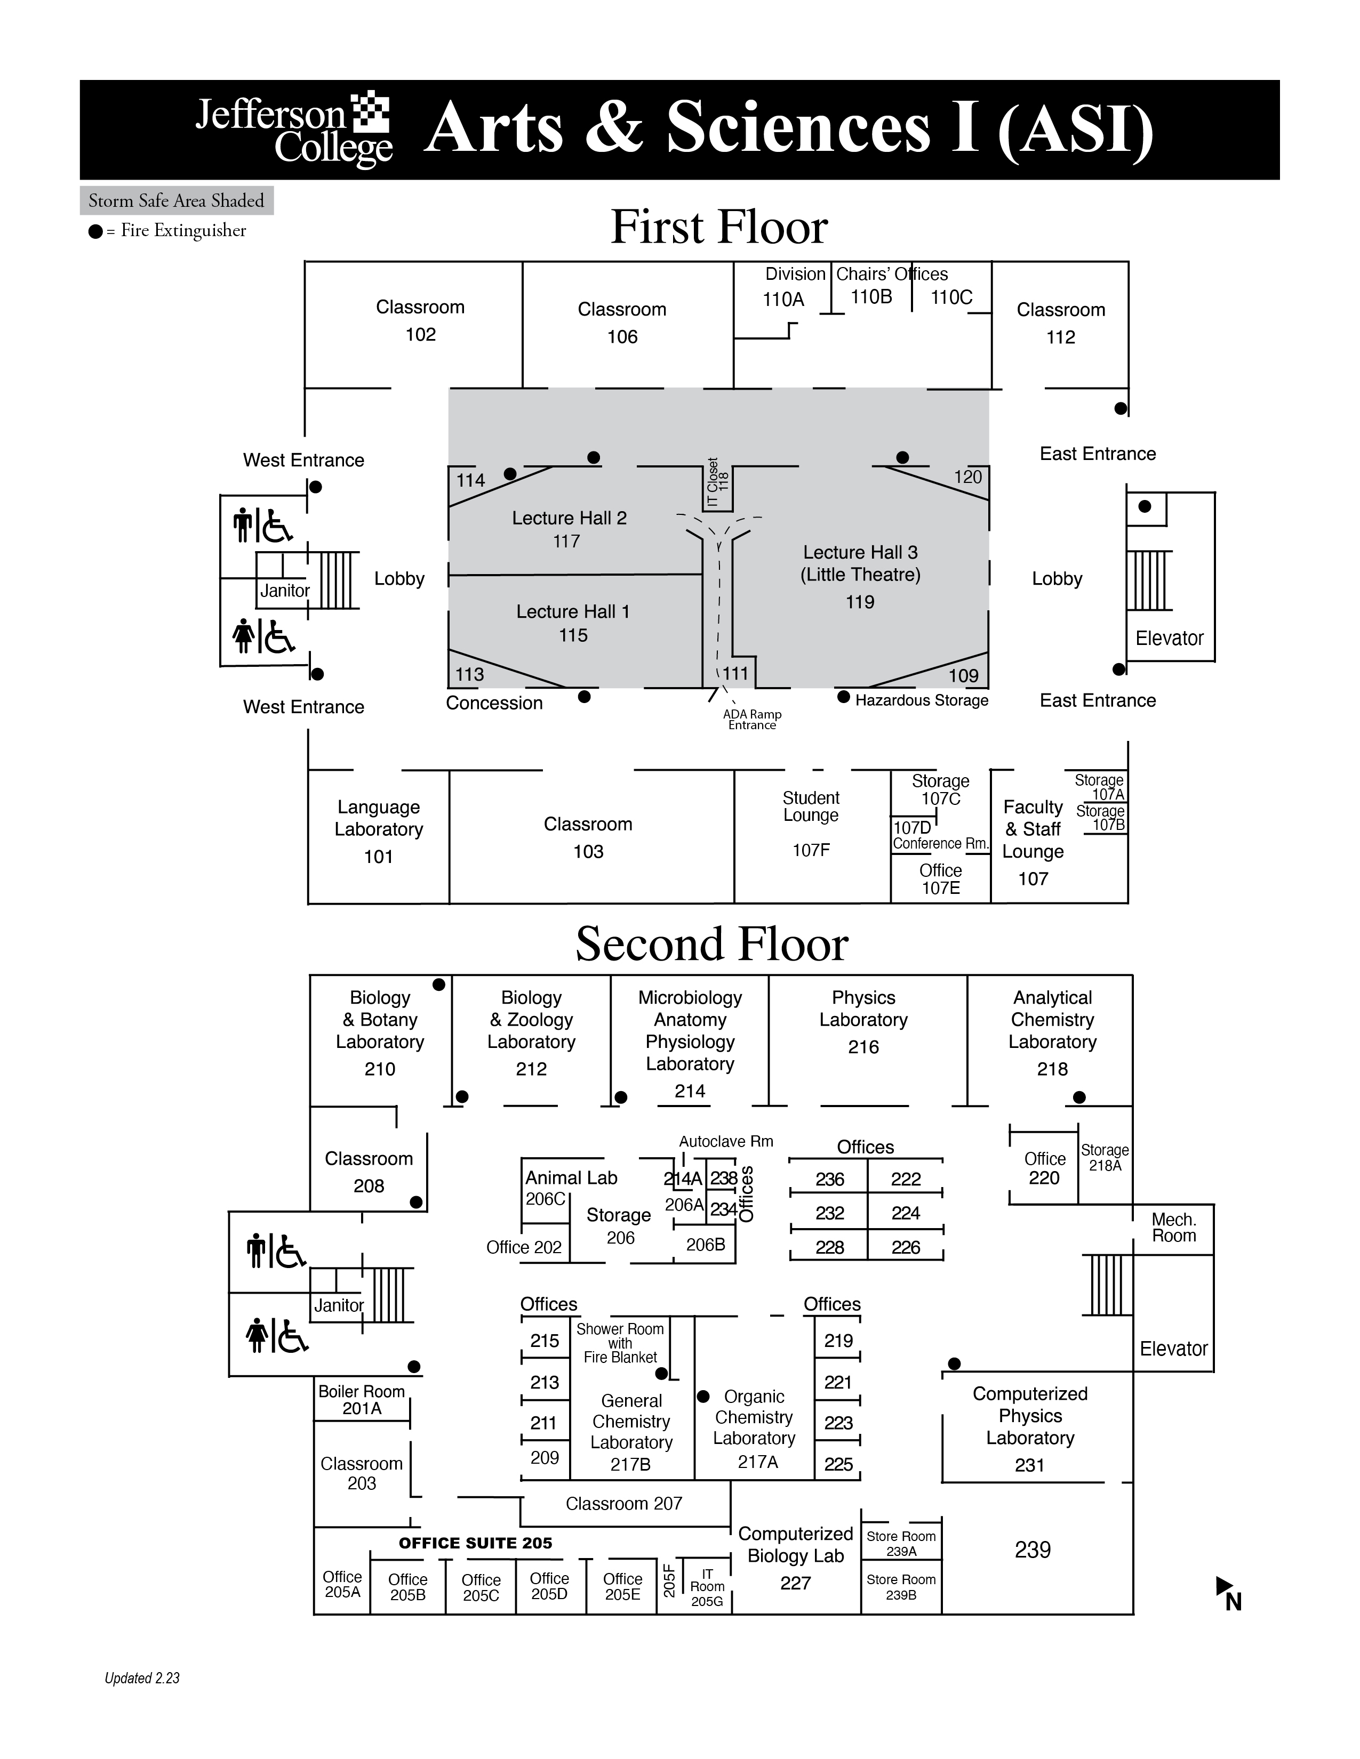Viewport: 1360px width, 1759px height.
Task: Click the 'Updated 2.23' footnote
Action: (142, 1679)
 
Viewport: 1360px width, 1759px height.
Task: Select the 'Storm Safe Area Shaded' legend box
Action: (177, 200)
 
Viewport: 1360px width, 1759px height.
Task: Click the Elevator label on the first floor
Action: (1169, 638)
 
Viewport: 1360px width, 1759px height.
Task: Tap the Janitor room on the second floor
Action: (338, 1305)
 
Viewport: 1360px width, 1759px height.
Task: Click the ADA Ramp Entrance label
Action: (751, 719)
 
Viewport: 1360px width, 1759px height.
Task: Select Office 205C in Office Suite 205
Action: (481, 1587)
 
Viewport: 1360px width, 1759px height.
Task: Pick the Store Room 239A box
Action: (901, 1543)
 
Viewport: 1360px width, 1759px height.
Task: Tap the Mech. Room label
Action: (1174, 1228)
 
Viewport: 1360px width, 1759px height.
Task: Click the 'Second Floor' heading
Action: (711, 944)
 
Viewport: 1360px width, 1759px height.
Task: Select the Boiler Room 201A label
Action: (362, 1400)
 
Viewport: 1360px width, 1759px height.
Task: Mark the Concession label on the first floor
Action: (494, 703)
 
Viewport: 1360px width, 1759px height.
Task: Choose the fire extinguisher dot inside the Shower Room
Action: (661, 1373)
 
